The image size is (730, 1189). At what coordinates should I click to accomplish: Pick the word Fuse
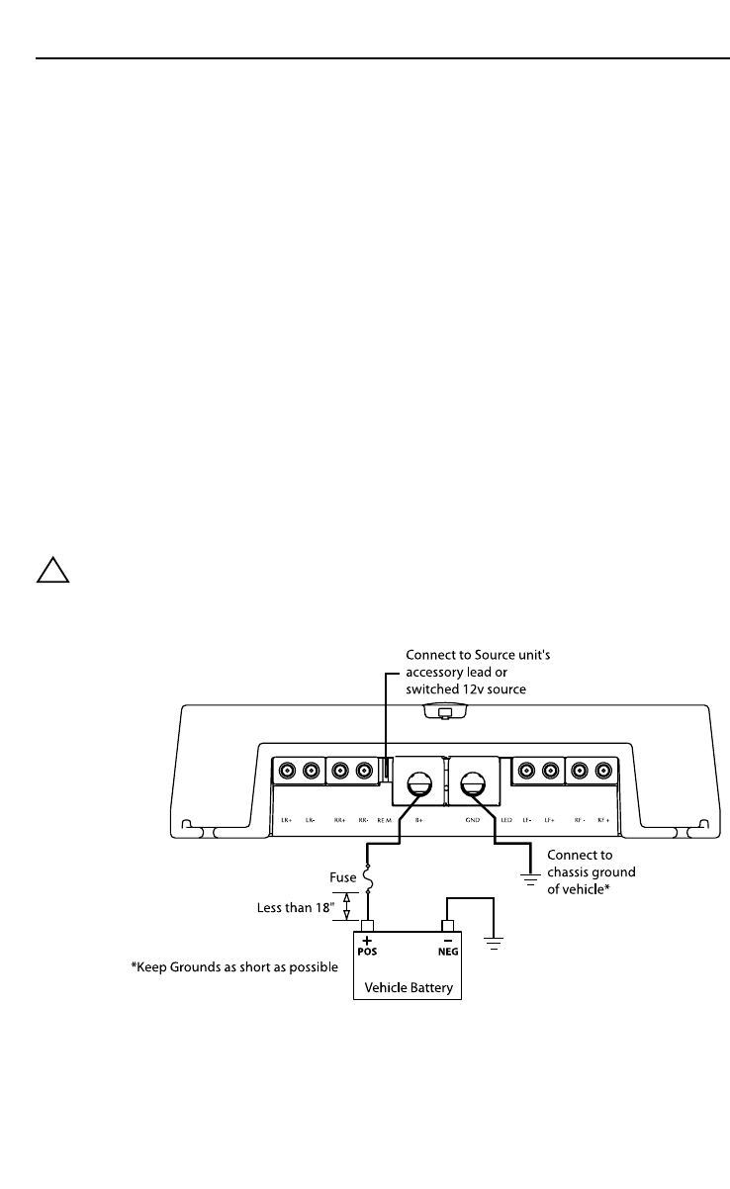tap(342, 876)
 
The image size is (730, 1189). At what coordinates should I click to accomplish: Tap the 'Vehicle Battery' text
tap(408, 986)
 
